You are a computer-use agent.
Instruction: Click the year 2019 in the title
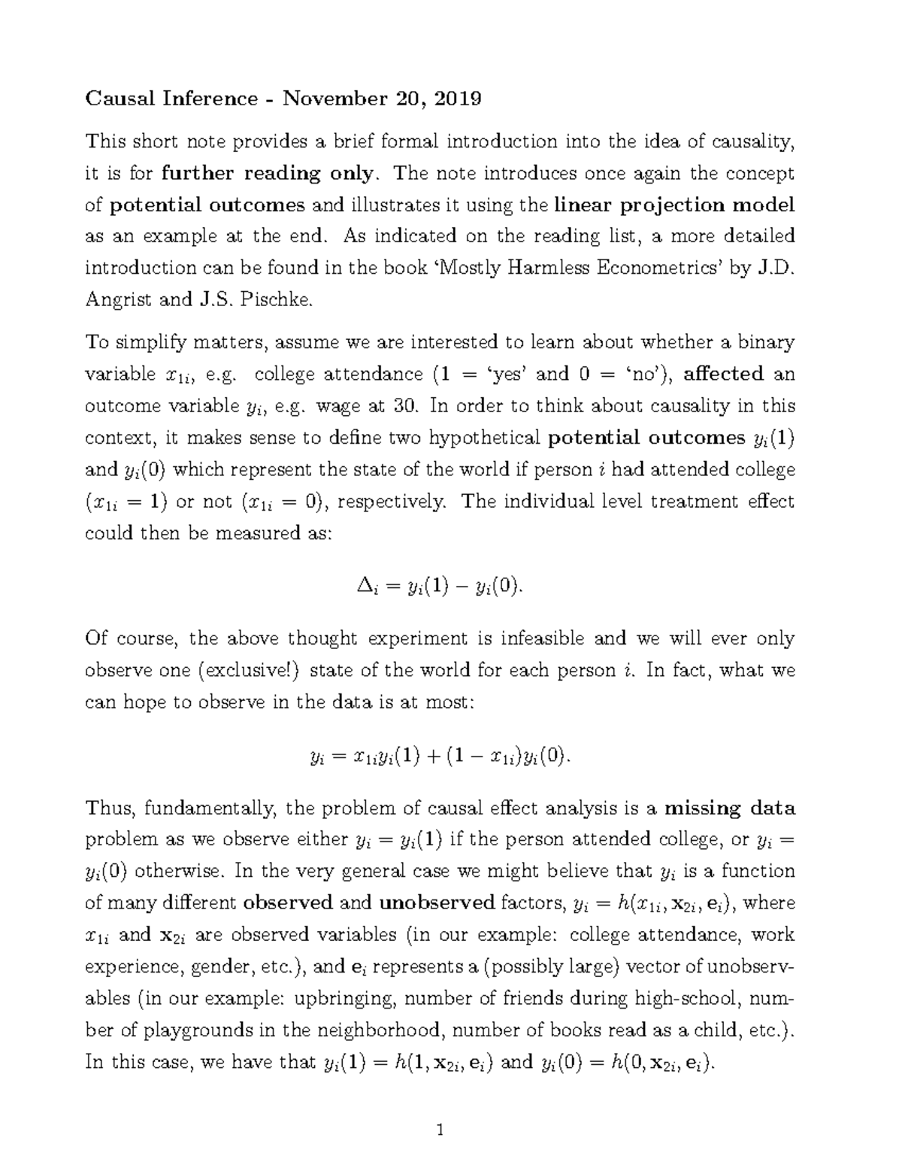click(x=458, y=99)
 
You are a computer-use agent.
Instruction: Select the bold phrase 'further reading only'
click(x=267, y=174)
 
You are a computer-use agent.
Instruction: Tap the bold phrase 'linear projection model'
click(x=674, y=205)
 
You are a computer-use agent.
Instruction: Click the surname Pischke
click(x=271, y=300)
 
